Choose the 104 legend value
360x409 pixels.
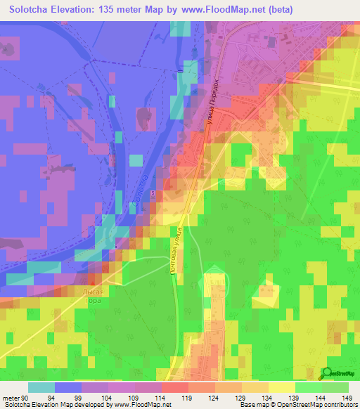tap(108, 398)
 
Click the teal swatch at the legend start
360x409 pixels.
tap(41, 387)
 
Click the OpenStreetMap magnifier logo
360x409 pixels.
tap(326, 374)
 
